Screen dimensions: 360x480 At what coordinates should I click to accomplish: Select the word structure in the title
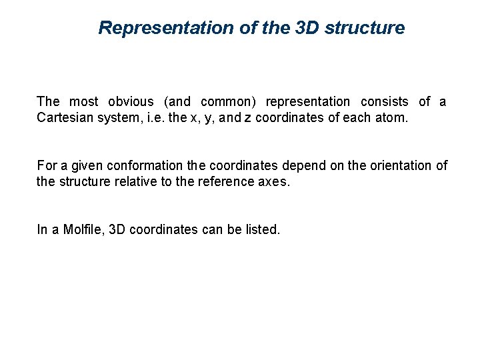(x=365, y=28)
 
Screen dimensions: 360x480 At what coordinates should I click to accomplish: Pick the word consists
(x=385, y=102)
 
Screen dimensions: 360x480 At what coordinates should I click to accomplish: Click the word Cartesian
(x=65, y=118)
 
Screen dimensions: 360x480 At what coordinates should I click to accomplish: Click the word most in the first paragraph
(x=83, y=102)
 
